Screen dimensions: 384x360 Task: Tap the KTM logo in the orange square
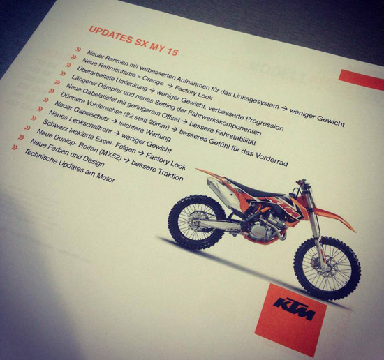coord(294,308)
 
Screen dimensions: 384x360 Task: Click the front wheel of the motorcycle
coord(327,267)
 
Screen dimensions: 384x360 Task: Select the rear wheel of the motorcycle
coord(197,223)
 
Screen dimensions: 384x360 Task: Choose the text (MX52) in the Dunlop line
coord(111,154)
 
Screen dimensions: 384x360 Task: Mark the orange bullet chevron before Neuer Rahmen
coord(78,50)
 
